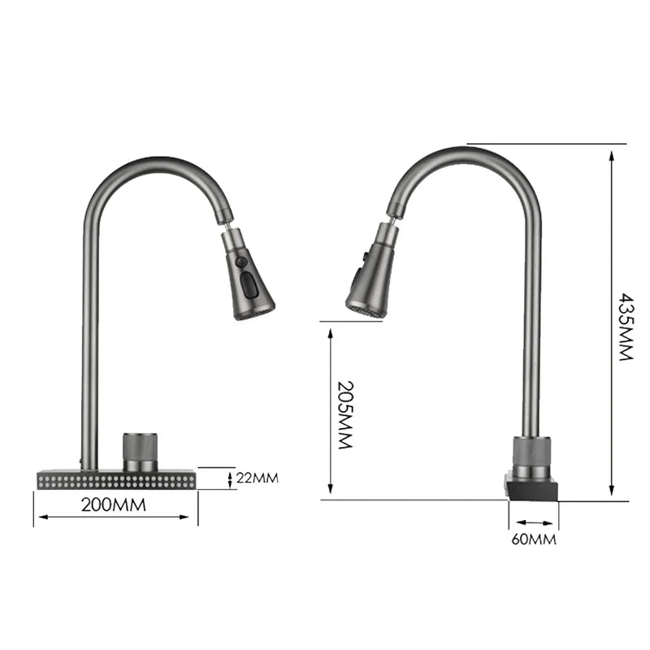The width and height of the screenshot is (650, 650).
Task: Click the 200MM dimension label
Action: [114, 505]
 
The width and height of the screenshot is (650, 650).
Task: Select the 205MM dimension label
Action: [344, 415]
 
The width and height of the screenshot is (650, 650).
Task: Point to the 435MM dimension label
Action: [625, 327]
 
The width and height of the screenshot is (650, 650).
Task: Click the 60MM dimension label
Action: [534, 539]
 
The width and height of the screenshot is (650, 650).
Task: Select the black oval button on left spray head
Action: [249, 284]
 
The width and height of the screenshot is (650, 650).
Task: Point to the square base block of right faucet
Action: [532, 487]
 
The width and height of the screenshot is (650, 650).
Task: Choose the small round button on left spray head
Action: [241, 262]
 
